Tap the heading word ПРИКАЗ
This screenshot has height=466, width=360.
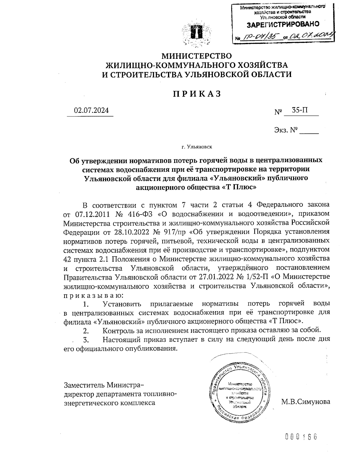pyautogui.click(x=196, y=94)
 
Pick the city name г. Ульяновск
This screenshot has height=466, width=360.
pyautogui.click(x=196, y=147)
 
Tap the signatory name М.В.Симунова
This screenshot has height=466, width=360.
pyautogui.click(x=306, y=401)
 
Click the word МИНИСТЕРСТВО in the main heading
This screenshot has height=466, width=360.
pyautogui.click(x=196, y=56)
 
